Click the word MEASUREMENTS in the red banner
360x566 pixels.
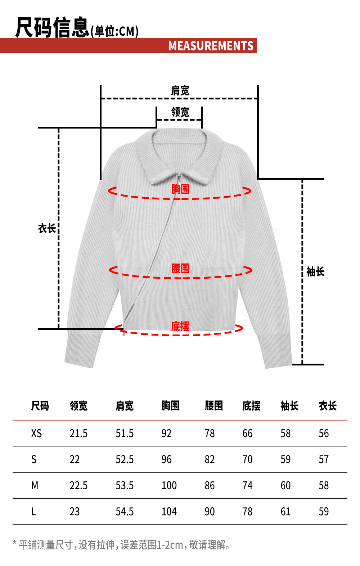point(211,46)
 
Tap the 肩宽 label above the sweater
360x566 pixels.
point(180,90)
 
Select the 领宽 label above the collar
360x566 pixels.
point(180,112)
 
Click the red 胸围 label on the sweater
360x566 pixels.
point(180,189)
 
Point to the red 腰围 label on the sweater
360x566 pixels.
point(180,268)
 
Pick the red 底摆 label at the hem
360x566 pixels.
point(180,326)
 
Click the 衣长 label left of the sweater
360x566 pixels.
point(47,228)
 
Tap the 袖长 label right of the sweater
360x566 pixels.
point(315,271)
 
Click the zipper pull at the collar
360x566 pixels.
point(179,178)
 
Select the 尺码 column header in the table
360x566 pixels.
point(40,406)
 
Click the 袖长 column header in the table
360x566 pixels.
point(289,406)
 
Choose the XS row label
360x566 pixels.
point(36,433)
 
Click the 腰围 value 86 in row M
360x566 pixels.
point(210,485)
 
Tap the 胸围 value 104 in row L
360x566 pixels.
point(169,511)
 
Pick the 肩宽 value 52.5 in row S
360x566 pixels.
point(125,459)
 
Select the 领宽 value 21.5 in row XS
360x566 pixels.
point(78,433)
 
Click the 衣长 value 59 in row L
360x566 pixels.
point(324,511)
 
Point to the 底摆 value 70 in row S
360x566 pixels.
point(247,459)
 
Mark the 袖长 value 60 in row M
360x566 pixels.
point(285,485)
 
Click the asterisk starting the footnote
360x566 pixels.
point(15,543)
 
